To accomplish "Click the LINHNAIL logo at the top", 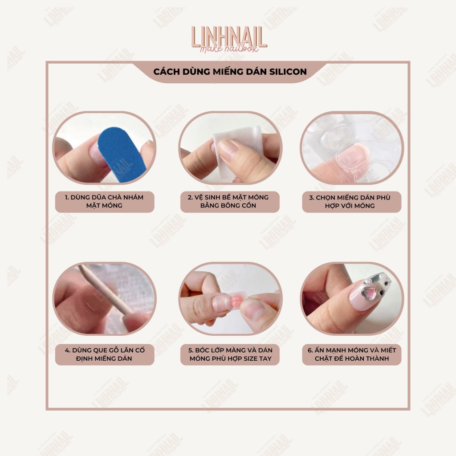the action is coord(229,39).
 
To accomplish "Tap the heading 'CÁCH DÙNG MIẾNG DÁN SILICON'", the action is coord(230,72).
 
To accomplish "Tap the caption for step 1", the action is coord(104,201).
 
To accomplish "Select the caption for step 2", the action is coord(228,201).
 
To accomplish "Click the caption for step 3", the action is coord(350,202).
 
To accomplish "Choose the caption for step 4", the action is coord(104,354).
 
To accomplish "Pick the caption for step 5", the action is coord(230,354).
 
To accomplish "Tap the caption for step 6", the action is coord(352,354).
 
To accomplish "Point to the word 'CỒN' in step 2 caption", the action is coord(248,205).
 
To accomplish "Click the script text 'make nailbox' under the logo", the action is coord(229,49).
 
